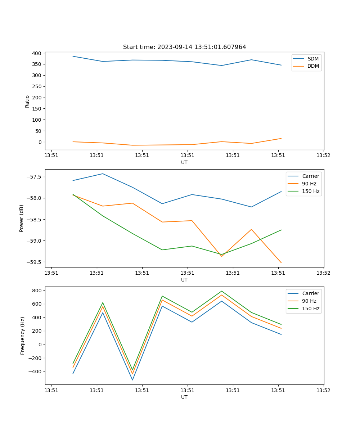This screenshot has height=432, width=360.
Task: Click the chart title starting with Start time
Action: (184, 47)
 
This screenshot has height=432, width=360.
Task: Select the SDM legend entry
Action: (313, 59)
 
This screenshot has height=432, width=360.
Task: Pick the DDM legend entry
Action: (313, 66)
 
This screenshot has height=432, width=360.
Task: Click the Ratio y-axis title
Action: (27, 101)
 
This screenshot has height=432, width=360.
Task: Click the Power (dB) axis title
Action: (22, 218)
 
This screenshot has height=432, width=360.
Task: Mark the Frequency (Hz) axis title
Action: (23, 336)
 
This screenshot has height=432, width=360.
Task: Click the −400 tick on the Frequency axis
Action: (35, 372)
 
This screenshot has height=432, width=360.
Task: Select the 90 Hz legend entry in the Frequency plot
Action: (309, 301)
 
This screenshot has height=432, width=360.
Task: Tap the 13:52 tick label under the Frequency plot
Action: (323, 390)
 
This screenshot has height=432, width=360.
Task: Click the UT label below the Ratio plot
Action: (184, 162)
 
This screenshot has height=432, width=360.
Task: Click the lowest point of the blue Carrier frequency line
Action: (132, 380)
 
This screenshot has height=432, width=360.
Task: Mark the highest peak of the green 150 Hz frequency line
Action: (222, 291)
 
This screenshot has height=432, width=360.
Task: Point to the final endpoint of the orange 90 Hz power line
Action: (281, 263)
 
